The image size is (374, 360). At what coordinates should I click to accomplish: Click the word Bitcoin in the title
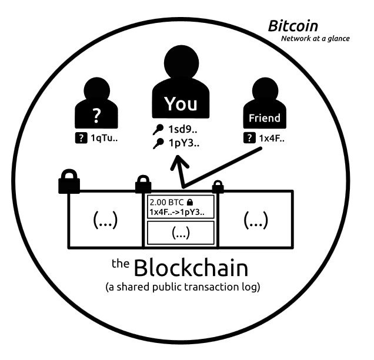293,26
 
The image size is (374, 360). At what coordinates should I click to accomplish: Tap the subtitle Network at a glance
315,39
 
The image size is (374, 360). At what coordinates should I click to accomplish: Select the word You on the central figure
181,105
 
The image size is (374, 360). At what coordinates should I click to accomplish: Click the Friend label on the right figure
264,118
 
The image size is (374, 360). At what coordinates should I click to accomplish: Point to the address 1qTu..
103,139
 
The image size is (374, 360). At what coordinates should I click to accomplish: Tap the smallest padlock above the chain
218,186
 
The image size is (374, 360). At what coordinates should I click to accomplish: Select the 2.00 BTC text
168,202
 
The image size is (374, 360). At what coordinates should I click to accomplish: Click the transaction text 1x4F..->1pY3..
181,212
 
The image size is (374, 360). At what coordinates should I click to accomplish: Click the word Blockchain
191,268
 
